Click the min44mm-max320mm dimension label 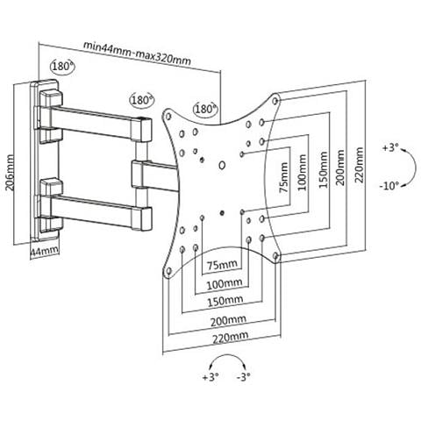[137, 54]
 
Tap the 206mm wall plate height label [11, 173]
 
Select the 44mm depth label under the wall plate [45, 252]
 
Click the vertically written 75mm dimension [283, 177]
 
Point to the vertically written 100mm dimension [303, 173]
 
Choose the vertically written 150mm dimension [324, 169]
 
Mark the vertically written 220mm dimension [359, 165]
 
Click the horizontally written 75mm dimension [222, 265]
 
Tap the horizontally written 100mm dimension [225, 284]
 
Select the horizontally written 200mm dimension [228, 321]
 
